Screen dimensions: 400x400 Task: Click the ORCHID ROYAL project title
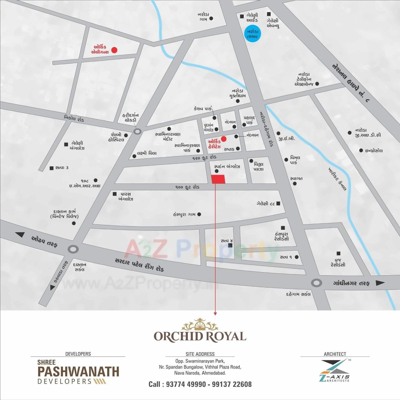click(200, 336)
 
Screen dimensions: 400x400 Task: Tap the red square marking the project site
click(218, 179)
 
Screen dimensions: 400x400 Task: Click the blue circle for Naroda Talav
click(252, 33)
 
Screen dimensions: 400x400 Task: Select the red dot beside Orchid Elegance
click(114, 50)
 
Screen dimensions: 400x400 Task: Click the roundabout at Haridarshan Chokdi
click(137, 131)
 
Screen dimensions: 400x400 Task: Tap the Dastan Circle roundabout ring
click(73, 249)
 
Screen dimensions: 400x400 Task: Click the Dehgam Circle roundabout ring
click(317, 283)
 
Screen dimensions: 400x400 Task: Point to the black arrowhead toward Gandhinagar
click(380, 283)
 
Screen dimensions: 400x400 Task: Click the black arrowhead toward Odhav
click(20, 235)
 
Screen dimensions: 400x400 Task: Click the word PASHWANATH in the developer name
click(78, 372)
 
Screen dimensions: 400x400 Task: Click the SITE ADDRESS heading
click(200, 354)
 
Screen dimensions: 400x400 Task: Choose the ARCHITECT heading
click(335, 354)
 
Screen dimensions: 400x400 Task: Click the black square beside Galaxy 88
click(278, 203)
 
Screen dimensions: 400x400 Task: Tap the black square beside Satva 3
click(52, 168)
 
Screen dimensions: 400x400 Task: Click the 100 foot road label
click(187, 187)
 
